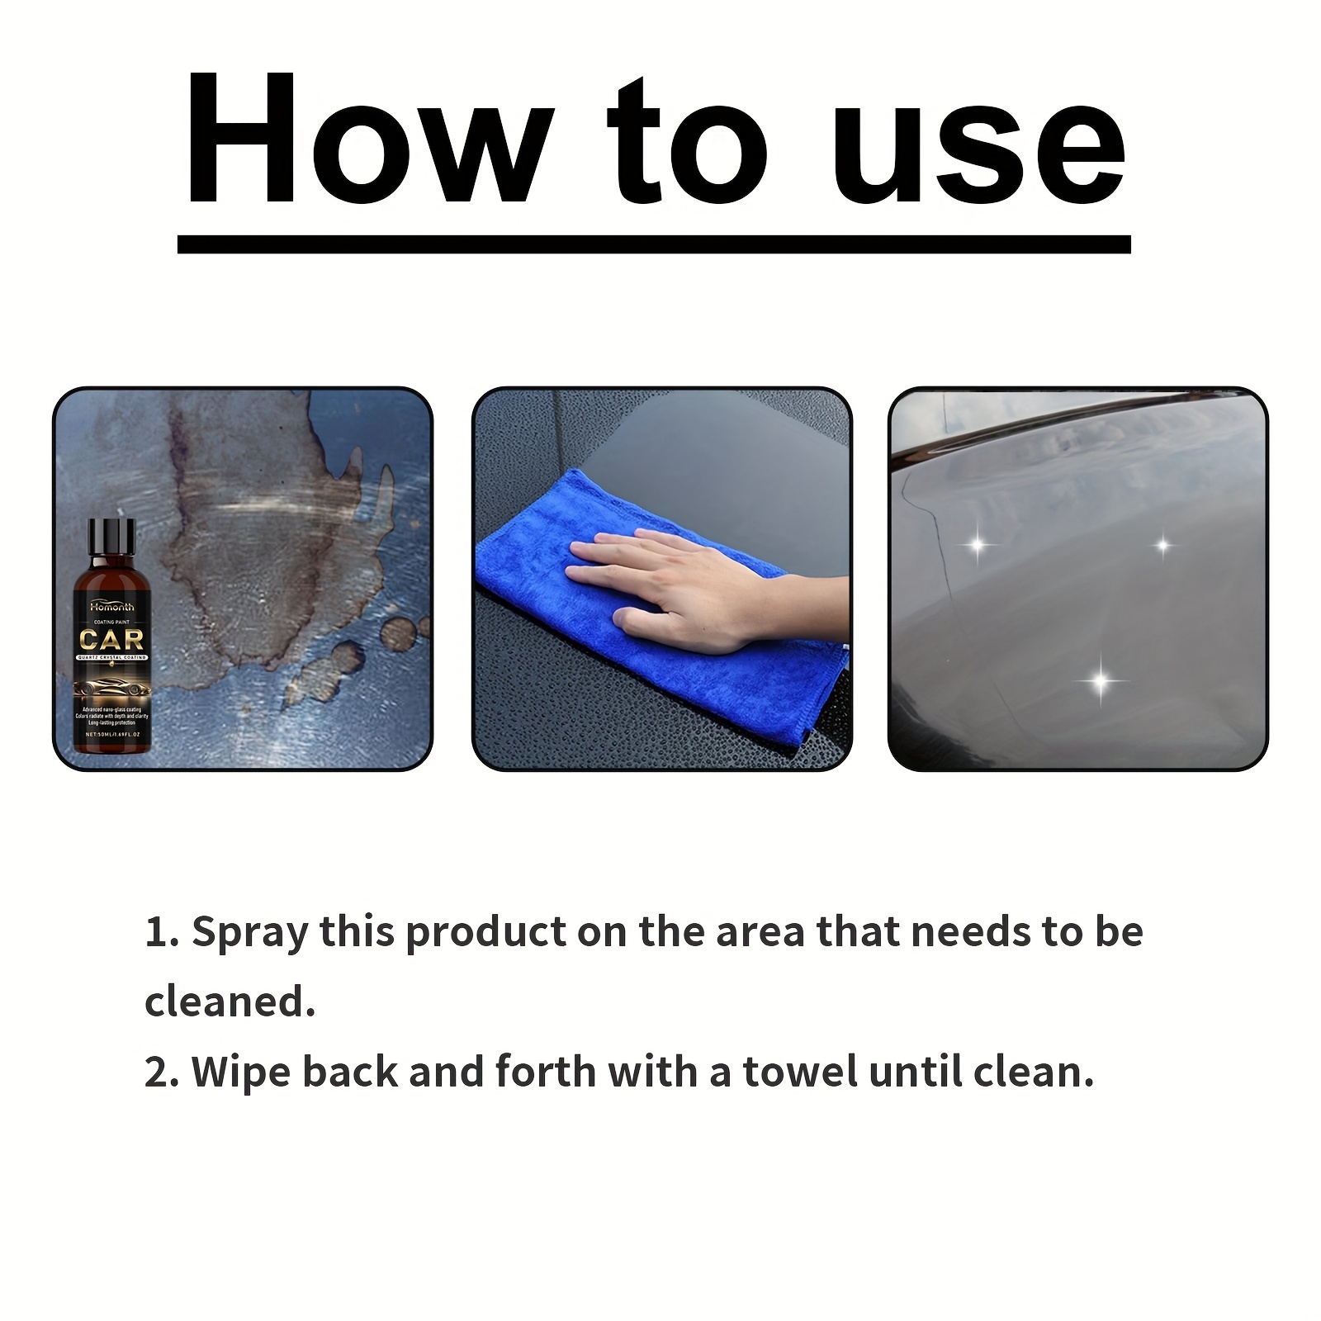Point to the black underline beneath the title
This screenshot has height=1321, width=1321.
[653, 244]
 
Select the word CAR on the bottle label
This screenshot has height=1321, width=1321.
[111, 639]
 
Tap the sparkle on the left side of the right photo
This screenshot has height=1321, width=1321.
[978, 545]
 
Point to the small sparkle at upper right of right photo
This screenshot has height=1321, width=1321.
[1162, 545]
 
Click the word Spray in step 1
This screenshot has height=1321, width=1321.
[249, 932]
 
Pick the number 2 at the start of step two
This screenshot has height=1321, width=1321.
[156, 1072]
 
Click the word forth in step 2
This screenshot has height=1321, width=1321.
[545, 1072]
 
